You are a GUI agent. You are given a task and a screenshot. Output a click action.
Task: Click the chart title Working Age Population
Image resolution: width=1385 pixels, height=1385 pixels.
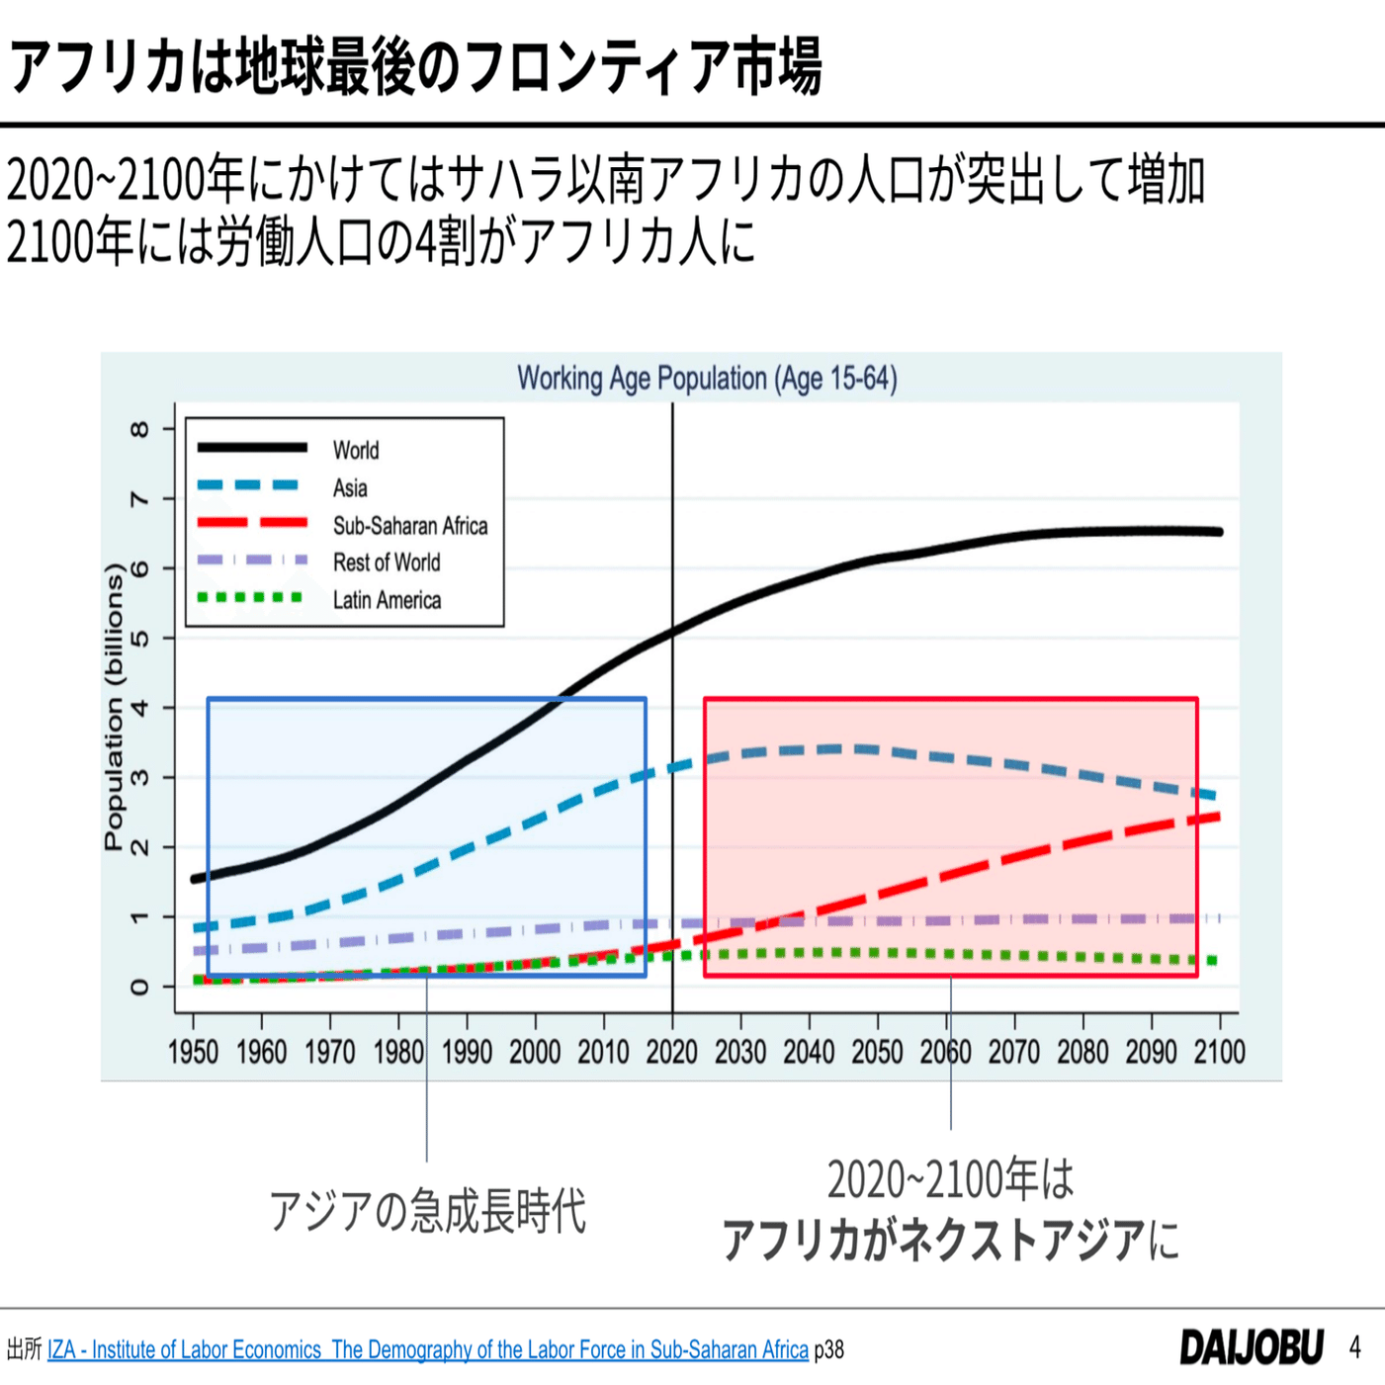point(707,379)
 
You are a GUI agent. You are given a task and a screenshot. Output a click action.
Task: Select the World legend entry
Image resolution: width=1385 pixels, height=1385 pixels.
point(355,451)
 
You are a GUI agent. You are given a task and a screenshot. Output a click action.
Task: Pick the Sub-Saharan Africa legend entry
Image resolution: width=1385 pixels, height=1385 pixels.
point(409,526)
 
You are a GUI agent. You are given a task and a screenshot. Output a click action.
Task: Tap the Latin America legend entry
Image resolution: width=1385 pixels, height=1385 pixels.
point(387,600)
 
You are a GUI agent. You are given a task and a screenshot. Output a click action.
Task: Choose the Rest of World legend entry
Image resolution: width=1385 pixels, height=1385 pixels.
point(386,563)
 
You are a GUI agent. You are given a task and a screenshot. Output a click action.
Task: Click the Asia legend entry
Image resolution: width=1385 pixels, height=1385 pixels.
point(349,488)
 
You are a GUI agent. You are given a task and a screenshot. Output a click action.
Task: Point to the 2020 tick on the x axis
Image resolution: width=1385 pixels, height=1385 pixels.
point(672,1052)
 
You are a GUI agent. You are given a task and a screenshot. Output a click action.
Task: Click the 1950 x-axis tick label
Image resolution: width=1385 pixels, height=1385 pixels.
point(193,1052)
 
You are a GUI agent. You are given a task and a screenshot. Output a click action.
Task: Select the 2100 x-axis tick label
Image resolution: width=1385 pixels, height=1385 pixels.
point(1219,1052)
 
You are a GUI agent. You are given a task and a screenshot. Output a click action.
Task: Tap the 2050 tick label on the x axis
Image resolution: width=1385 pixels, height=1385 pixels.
point(877,1052)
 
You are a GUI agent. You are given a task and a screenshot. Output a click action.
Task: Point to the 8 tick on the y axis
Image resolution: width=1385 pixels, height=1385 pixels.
point(139,429)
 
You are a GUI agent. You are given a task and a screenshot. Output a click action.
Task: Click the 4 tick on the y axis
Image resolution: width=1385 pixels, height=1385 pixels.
point(139,708)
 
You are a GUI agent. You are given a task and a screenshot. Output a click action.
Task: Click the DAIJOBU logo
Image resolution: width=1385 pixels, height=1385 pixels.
point(1251,1347)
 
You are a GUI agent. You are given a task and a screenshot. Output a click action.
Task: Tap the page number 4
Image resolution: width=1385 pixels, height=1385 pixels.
point(1354,1347)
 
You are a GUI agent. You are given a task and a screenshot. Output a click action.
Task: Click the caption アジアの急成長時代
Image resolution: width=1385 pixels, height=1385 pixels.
point(427,1211)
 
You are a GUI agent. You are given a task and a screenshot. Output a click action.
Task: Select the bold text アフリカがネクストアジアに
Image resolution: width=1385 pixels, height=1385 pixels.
point(949,1240)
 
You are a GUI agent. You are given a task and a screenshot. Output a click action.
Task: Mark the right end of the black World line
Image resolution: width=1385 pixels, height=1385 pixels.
point(1219,532)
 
